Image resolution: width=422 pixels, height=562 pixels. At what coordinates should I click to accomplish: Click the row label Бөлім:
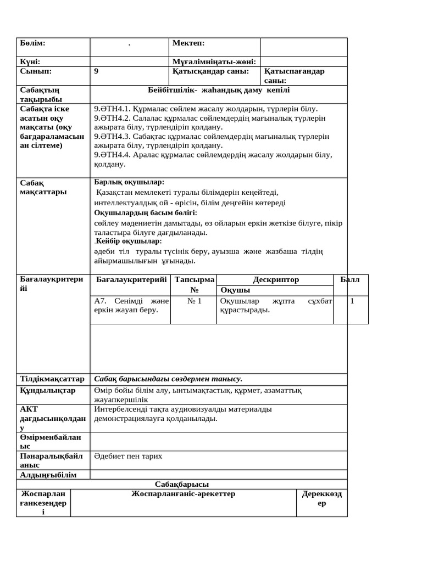pos(32,43)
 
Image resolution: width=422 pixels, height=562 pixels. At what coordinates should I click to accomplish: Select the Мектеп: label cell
pos(188,43)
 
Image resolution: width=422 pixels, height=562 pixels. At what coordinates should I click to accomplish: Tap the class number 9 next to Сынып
pos(97,71)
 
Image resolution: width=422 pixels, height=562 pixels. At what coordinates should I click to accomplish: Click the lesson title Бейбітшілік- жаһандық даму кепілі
pos(219,89)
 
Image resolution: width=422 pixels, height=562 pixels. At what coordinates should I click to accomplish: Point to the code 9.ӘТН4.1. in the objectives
pos(112,109)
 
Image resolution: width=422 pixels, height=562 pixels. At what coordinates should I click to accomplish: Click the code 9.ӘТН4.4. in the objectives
pos(112,155)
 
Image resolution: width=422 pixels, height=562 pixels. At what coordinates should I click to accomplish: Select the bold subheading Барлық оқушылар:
pos(129,182)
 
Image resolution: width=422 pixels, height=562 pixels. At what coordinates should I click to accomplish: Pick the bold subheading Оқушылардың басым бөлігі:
pos(146,212)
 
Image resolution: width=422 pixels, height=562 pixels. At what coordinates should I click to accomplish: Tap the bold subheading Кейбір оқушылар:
pos(129,241)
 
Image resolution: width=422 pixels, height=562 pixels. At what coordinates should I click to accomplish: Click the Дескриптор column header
pos(276,279)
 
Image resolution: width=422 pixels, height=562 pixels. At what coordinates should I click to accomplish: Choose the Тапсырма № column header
pos(194,284)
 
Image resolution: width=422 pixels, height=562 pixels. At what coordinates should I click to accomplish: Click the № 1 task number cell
pos(194,301)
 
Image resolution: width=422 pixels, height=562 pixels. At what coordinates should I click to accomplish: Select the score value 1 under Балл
pos(352,301)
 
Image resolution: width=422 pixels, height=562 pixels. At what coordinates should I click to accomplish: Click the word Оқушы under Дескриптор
pos(235,290)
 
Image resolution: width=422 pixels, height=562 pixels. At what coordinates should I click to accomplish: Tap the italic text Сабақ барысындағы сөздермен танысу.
pos(168,379)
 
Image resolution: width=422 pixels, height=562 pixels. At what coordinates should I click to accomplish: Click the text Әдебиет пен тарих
pos(128,456)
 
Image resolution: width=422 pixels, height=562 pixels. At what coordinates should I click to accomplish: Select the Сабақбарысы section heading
pos(182,484)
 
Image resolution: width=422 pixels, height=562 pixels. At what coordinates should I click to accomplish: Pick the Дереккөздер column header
pos(322,498)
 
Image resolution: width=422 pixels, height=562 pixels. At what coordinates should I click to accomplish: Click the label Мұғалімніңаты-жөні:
pos(215,62)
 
